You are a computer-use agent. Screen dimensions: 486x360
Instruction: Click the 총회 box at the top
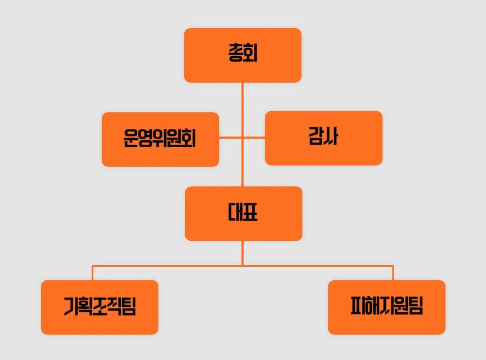pos(243,55)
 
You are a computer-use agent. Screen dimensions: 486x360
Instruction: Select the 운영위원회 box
pos(160,139)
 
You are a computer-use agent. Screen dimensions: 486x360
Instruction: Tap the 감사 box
pos(324,138)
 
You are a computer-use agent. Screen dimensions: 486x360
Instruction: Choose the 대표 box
pos(243,213)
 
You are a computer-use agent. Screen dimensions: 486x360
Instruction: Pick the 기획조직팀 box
pos(99,307)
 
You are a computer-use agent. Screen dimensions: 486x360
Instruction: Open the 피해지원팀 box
pos(387,307)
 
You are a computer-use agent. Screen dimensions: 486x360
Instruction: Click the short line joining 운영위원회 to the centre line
pos(230,137)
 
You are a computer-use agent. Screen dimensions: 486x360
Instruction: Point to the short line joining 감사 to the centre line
pos(254,137)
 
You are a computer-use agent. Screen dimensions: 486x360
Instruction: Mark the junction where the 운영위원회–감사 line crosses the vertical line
pos(243,137)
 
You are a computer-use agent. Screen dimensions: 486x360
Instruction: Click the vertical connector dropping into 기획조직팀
pos(93,273)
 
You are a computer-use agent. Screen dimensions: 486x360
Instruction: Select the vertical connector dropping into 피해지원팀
pos(393,273)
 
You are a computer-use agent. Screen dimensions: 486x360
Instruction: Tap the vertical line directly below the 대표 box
pos(243,252)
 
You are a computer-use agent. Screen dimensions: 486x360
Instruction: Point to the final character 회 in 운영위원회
pos(189,139)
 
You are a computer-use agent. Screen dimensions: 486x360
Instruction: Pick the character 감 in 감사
pos(316,138)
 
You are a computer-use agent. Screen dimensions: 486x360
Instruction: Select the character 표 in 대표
pos(250,213)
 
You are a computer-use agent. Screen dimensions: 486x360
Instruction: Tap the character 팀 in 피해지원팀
pos(416,307)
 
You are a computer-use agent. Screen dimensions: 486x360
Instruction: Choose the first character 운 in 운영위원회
pos(130,139)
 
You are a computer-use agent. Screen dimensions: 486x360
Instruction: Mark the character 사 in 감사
pos(331,138)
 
